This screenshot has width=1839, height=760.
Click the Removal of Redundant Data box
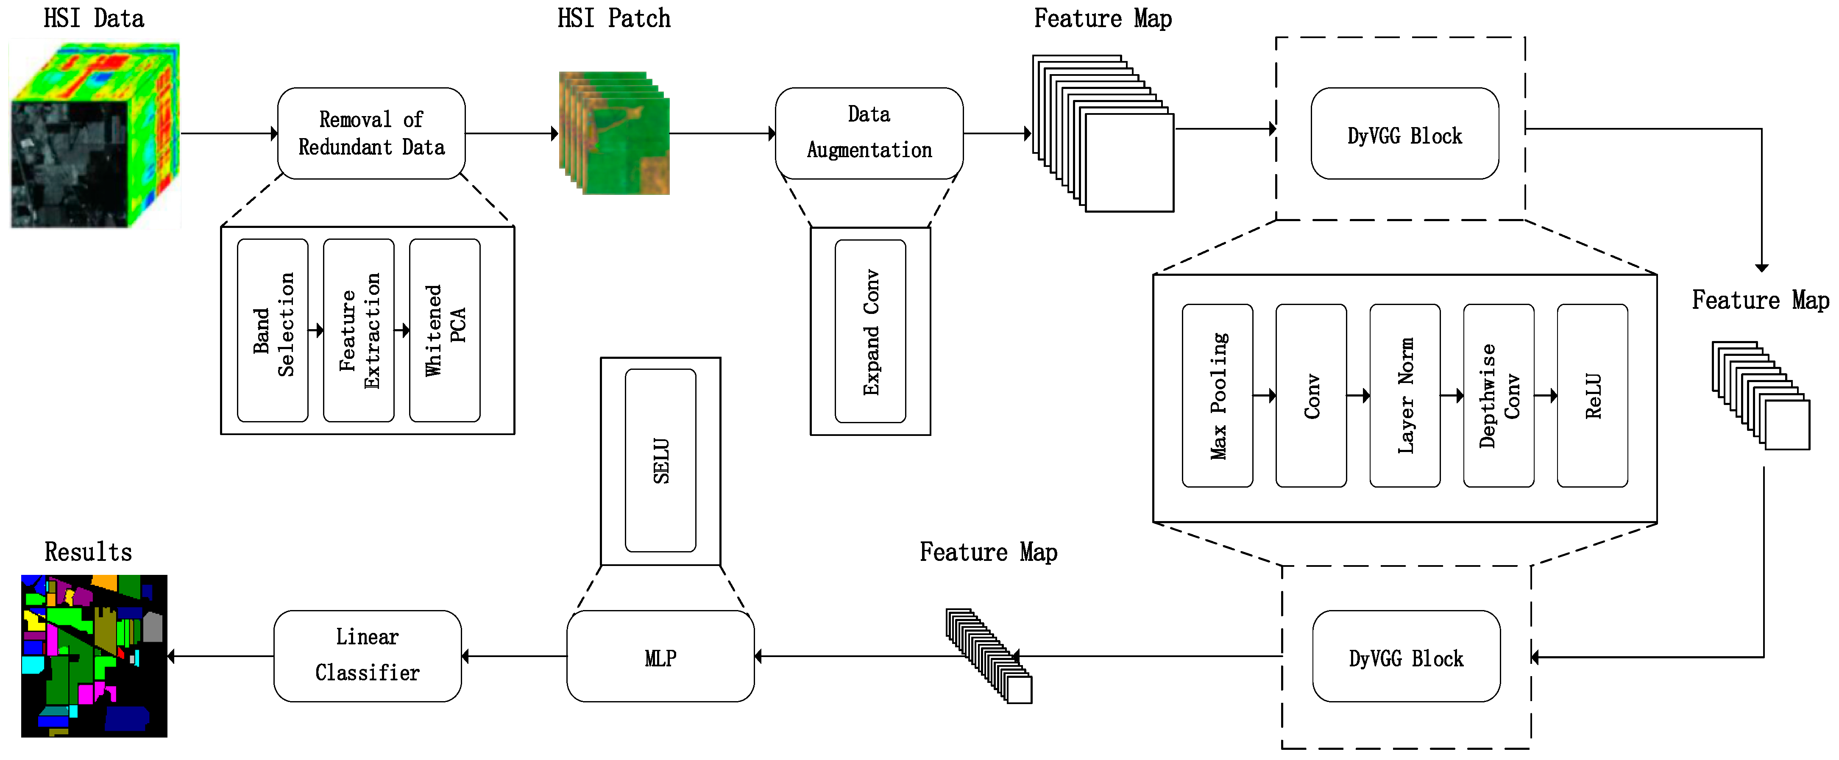tap(371, 133)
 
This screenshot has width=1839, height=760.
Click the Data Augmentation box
tap(869, 133)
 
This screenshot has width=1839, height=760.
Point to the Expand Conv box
tap(870, 331)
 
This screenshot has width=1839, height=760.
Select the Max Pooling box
tap(1217, 395)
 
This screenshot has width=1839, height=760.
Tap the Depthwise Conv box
tap(1499, 395)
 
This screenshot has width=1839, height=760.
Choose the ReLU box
tap(1592, 395)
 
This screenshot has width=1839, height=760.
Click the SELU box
tap(660, 460)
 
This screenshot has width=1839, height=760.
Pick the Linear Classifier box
tap(368, 656)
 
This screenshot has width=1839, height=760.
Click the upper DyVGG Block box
tap(1404, 133)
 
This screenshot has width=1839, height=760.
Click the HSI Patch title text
tap(614, 19)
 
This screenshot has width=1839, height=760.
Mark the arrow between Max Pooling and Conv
tap(1264, 395)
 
